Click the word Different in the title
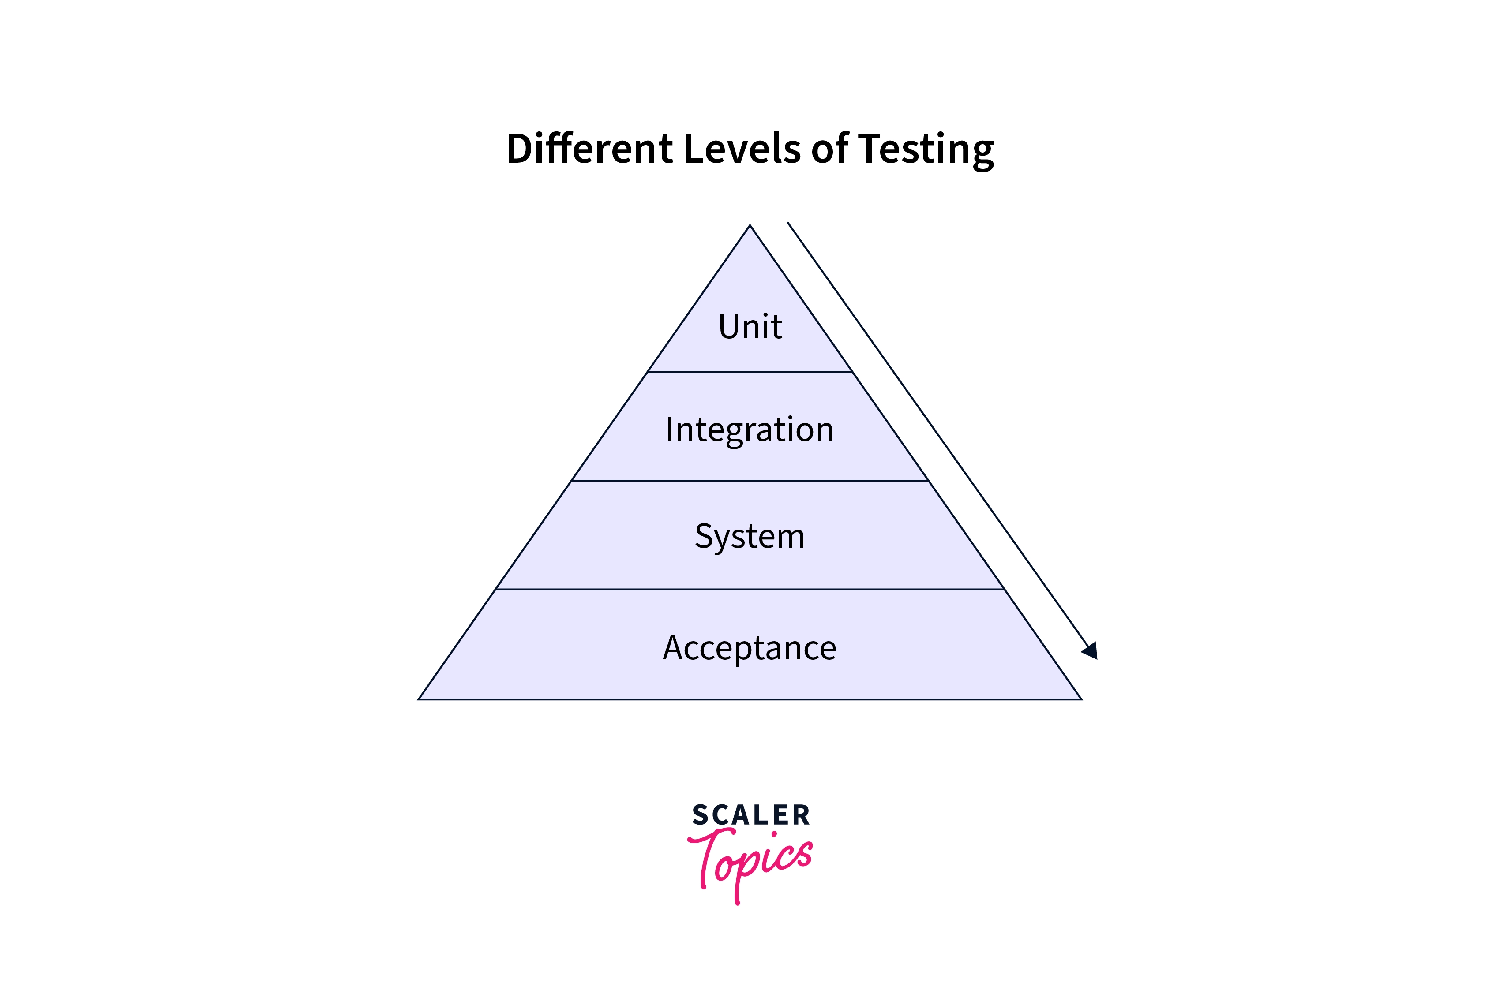[590, 149]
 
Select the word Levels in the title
[742, 149]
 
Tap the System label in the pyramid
[750, 537]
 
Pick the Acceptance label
[750, 648]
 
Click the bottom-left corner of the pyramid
[419, 699]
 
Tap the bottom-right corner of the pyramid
[1082, 699]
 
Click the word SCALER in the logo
[750, 815]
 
